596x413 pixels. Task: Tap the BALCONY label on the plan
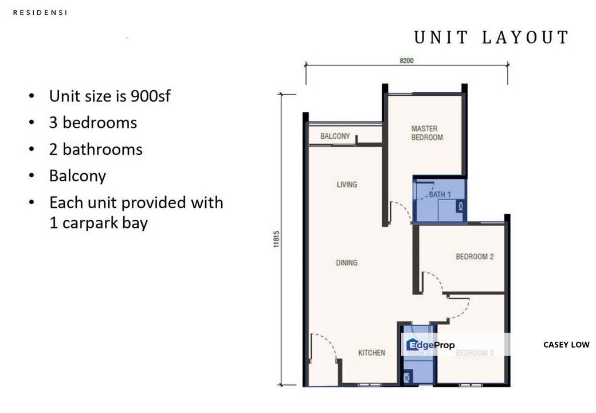tap(335, 137)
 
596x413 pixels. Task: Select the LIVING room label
tap(347, 185)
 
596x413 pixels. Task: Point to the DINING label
tap(346, 263)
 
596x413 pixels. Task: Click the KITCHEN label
tap(371, 353)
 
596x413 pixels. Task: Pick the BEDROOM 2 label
tap(475, 256)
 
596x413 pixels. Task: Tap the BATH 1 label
tap(440, 195)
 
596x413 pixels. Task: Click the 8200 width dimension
tap(406, 60)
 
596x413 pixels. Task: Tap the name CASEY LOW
tap(566, 345)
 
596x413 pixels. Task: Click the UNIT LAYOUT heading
tap(491, 38)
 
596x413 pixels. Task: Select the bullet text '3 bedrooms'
tap(93, 123)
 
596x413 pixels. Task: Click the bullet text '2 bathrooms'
tap(96, 150)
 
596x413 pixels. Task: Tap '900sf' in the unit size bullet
tap(150, 96)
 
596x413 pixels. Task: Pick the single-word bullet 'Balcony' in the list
tap(77, 176)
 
